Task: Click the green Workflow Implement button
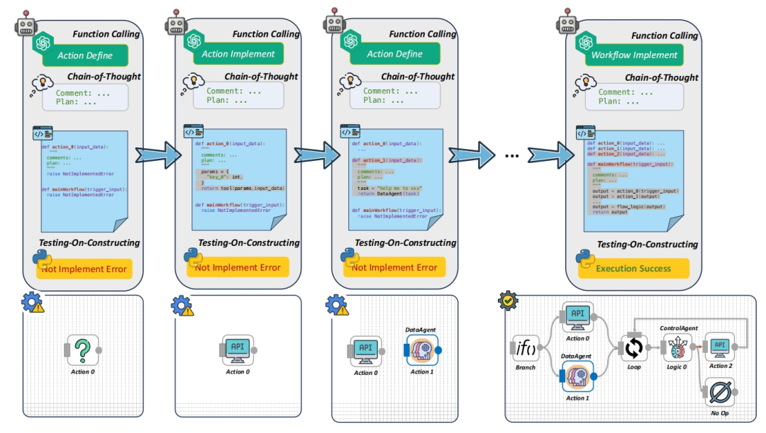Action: click(x=635, y=55)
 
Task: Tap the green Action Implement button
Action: click(x=238, y=54)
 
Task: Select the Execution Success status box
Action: click(x=633, y=269)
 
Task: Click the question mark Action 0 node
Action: click(x=82, y=349)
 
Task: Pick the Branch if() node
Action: click(x=525, y=348)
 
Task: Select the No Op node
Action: click(x=719, y=392)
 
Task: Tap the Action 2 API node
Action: click(x=719, y=346)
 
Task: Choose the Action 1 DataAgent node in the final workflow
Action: click(x=577, y=376)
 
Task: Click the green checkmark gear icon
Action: click(x=509, y=302)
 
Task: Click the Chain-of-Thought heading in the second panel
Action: click(x=262, y=77)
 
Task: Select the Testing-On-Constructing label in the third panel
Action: click(x=405, y=242)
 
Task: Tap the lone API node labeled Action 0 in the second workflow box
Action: click(x=237, y=349)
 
